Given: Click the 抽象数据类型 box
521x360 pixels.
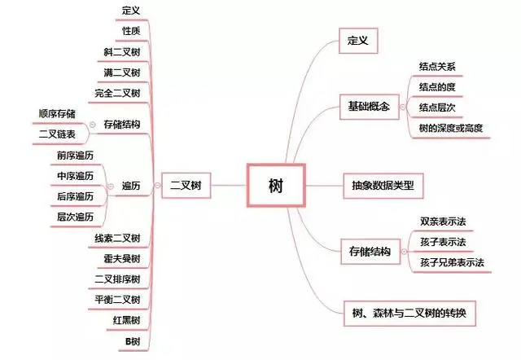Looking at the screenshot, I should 383,186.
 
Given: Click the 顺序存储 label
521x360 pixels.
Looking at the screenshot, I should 56,113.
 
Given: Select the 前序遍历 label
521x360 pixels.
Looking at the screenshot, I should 75,155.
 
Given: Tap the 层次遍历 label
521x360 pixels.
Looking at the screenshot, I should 75,217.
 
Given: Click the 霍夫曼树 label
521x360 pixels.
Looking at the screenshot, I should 123,259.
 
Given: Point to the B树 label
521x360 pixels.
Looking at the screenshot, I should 132,340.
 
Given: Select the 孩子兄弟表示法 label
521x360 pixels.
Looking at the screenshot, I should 452,262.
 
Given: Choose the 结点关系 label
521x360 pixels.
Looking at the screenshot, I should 437,66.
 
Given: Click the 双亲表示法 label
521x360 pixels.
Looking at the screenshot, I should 443,221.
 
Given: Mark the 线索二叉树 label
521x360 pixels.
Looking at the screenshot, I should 118,238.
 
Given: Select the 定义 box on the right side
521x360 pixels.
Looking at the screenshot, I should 358,39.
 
